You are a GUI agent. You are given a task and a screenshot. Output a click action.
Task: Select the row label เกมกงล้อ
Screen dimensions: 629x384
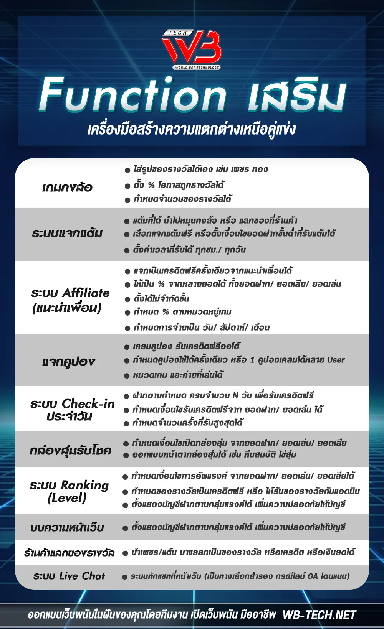coord(67,188)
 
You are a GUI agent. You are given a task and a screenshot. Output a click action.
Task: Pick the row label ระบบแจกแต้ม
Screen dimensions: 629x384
coord(67,234)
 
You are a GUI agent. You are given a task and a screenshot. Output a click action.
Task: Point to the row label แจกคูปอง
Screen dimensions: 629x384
coord(69,361)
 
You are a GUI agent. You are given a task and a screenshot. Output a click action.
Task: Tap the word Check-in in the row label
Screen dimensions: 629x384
coord(88,403)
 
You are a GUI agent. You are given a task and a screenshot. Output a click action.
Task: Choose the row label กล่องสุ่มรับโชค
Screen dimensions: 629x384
coord(70,450)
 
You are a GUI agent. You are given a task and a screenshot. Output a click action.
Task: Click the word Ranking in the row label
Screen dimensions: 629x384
coord(85,485)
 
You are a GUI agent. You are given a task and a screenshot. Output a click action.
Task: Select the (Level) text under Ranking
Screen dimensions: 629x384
coord(67,498)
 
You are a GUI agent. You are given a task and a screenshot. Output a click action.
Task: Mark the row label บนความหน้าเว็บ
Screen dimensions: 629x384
coord(67,528)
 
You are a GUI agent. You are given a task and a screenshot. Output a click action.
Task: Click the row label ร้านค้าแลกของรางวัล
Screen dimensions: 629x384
coord(69,553)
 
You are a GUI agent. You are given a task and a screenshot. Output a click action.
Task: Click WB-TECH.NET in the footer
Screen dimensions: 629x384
coord(319,615)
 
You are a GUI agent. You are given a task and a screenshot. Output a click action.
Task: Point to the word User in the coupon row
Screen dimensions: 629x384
coord(336,360)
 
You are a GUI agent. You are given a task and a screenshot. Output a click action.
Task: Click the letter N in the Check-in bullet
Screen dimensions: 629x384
coord(235,395)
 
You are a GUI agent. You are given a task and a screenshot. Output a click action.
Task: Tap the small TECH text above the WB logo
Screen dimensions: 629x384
coord(177,33)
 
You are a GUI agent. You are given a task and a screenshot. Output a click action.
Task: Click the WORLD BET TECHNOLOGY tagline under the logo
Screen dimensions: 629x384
coord(197,68)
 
